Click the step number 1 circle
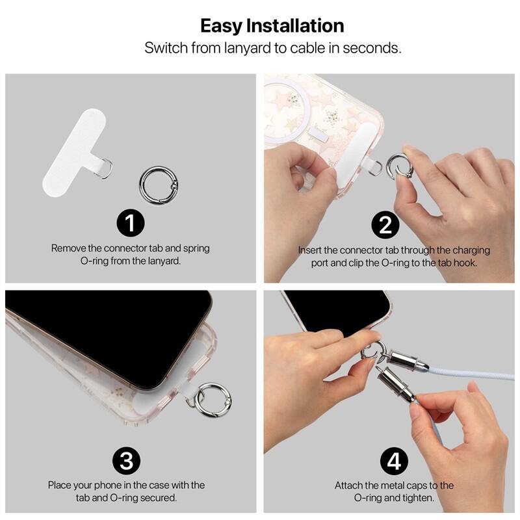(131, 224)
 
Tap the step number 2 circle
(385, 225)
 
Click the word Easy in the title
(222, 26)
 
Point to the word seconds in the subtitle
(376, 48)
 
